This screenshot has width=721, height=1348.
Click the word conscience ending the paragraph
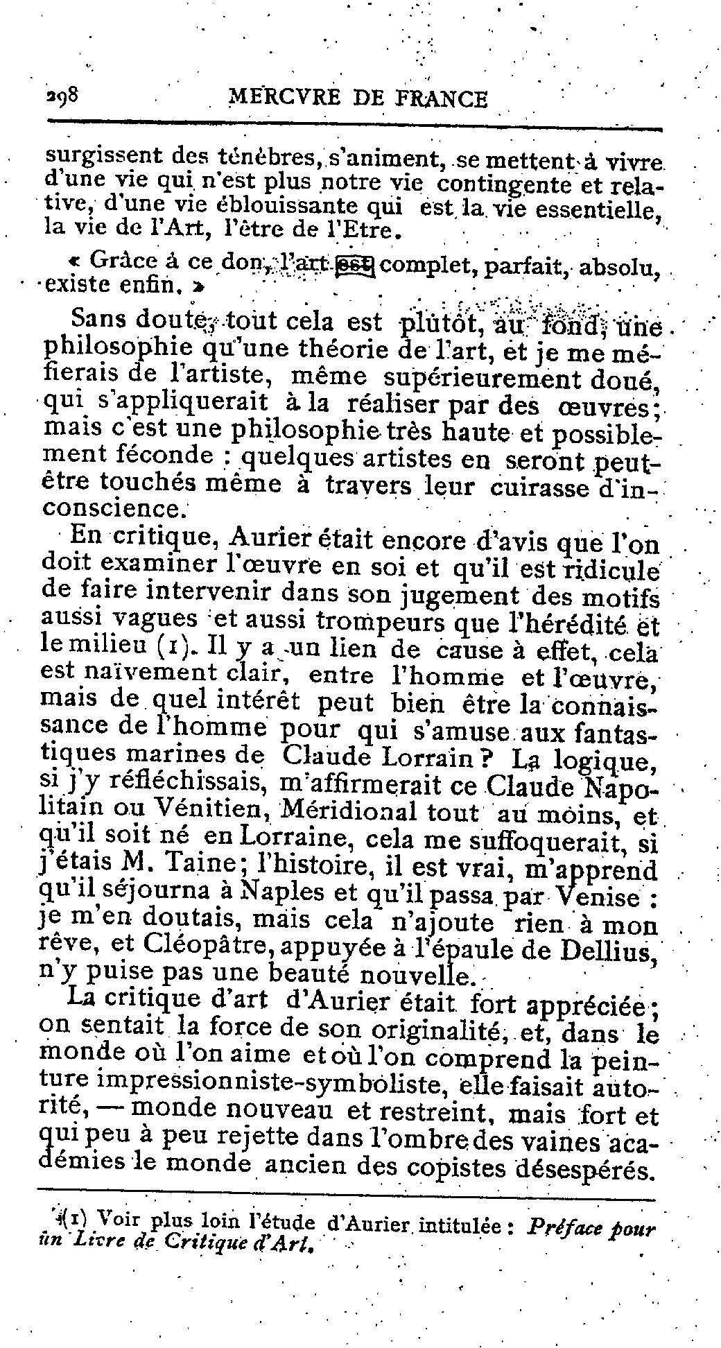(114, 508)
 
